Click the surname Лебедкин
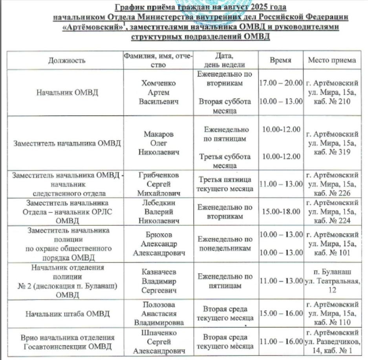click(159, 203)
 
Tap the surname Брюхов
click(159, 234)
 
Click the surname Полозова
click(159, 305)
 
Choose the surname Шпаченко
click(159, 333)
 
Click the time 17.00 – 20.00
click(281, 84)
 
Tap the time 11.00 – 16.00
click(281, 342)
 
